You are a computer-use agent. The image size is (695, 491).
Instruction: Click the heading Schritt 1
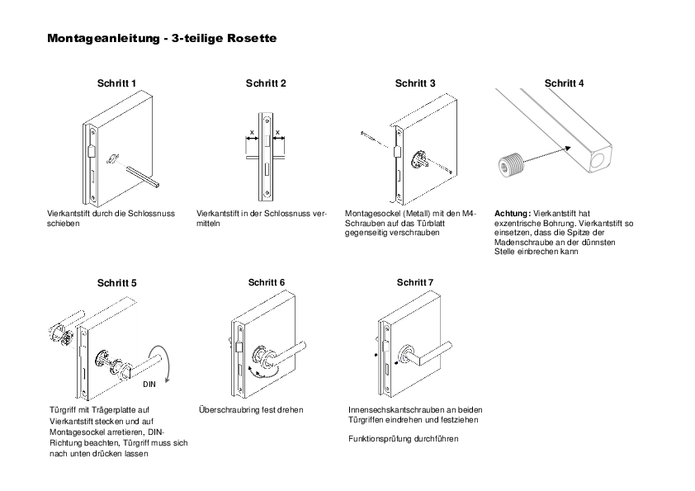click(116, 83)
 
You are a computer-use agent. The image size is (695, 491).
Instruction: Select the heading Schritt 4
click(564, 83)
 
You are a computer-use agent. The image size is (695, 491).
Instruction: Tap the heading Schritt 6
click(267, 282)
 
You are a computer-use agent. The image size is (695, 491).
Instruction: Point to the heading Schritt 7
click(415, 282)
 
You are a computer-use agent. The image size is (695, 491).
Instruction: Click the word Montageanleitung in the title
click(103, 38)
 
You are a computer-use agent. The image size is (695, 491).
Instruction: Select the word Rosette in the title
click(252, 38)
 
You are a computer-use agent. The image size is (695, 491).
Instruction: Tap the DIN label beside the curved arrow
click(149, 385)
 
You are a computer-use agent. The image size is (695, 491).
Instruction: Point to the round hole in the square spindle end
click(601, 159)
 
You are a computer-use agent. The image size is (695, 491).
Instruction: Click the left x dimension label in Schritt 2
click(252, 133)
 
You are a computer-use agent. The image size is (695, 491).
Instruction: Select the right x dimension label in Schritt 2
click(278, 133)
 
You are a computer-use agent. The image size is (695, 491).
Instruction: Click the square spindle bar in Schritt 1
click(143, 177)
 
